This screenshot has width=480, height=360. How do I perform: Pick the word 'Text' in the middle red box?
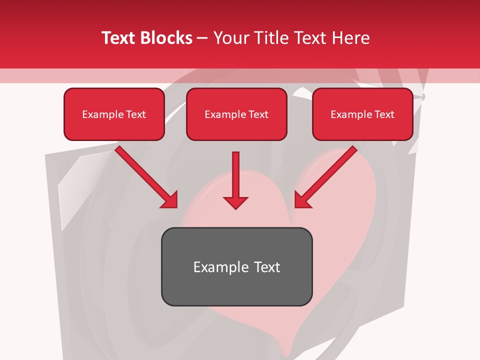[258, 114]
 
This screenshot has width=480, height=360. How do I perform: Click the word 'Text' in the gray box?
[267, 267]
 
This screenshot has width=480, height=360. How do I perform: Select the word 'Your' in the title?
[231, 38]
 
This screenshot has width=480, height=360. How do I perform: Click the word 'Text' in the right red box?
[384, 114]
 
